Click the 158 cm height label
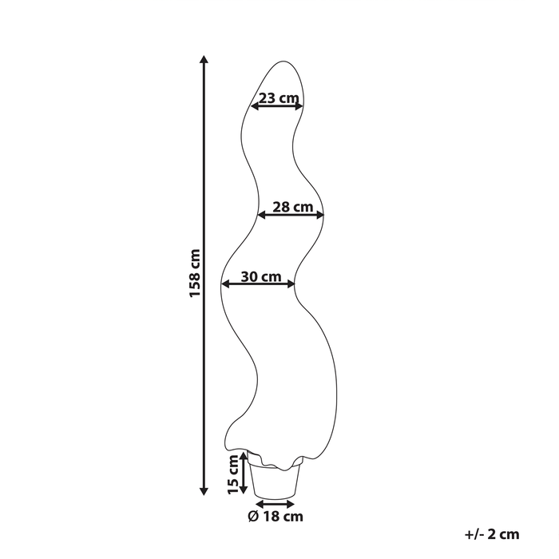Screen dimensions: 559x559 coord(194,274)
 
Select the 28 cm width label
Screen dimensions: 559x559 coord(291,206)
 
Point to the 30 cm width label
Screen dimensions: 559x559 coord(260,276)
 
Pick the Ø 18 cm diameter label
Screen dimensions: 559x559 coord(276,517)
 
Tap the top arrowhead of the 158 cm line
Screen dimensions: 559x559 coord(205,59)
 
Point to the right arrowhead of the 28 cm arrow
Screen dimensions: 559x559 coord(320,214)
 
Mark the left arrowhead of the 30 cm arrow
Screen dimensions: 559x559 coord(226,283)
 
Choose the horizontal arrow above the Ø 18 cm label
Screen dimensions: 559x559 coord(276,503)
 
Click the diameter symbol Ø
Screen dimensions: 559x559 coord(252,517)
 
